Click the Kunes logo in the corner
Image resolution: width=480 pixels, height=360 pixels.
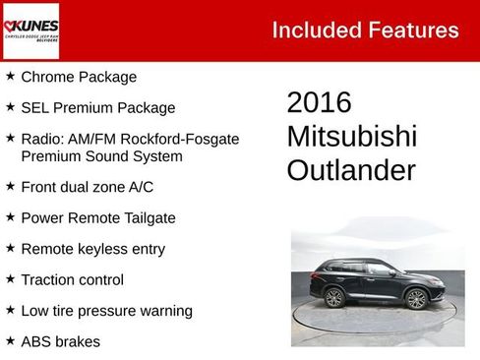click(30, 30)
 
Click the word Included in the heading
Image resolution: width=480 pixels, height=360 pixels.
click(316, 30)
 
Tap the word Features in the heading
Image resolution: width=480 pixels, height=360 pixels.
click(413, 30)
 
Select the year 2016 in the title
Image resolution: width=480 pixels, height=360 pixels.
click(319, 102)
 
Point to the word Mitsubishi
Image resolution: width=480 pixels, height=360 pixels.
click(351, 136)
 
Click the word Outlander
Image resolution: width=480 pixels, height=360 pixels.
click(350, 170)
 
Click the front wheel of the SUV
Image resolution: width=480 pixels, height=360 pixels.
click(417, 299)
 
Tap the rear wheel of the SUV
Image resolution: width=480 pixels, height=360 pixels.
click(334, 297)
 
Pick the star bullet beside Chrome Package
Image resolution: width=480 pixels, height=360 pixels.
click(10, 76)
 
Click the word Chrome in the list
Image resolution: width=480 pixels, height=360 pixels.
click(47, 77)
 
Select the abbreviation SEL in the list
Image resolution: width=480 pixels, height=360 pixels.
click(36, 108)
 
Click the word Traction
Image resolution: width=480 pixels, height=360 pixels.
click(50, 280)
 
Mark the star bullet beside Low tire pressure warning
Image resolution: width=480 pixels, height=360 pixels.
click(10, 311)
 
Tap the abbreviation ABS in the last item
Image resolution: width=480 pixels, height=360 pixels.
click(36, 342)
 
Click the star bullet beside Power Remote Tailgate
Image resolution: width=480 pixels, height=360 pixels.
click(10, 216)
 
